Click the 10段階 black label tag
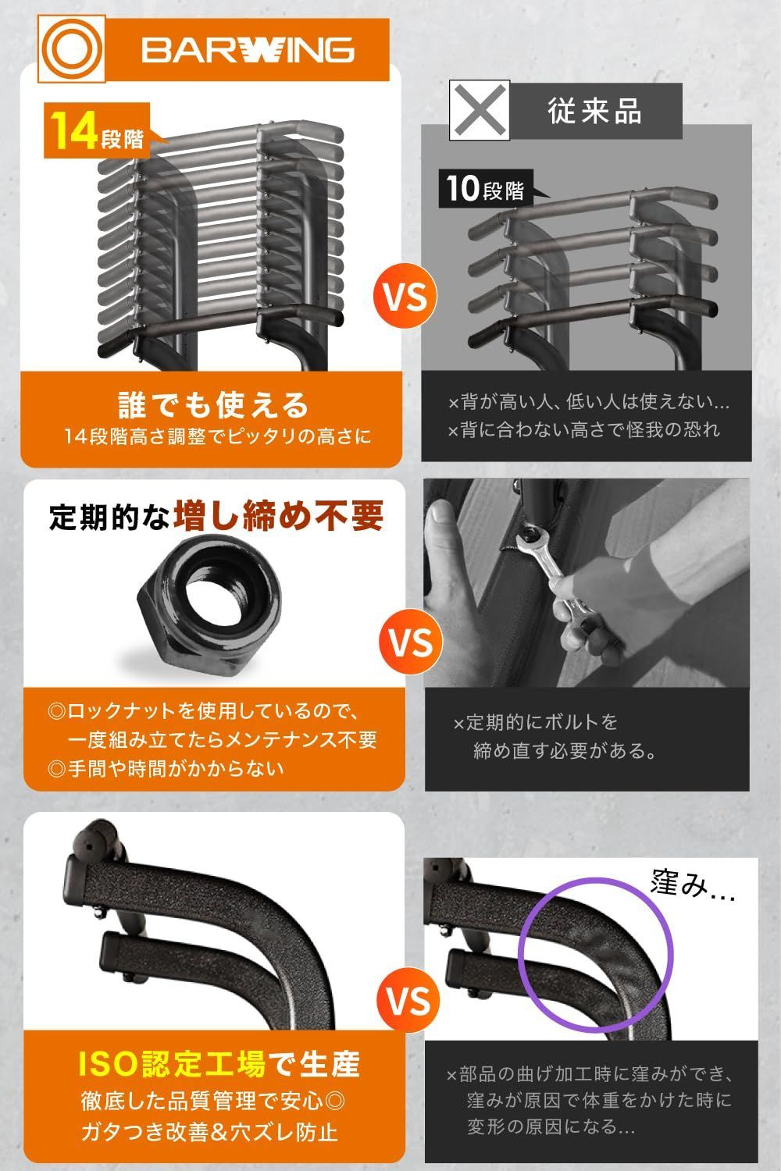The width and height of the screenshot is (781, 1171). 485,189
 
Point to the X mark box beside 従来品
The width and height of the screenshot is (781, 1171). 479,110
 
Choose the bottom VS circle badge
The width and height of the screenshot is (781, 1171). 408,1000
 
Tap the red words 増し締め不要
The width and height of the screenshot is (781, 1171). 279,516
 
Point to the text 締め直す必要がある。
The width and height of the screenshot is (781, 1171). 565,751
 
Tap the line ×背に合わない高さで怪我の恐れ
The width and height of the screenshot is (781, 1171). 583,430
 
